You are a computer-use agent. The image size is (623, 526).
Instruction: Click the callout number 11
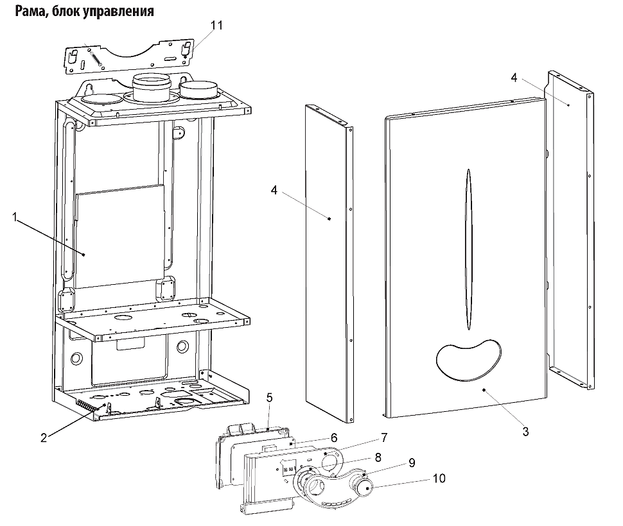[x=216, y=26]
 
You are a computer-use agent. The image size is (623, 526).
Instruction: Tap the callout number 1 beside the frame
[x=15, y=217]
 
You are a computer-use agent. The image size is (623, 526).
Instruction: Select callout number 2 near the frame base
[x=44, y=437]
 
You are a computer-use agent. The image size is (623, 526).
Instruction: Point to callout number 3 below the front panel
[x=525, y=432]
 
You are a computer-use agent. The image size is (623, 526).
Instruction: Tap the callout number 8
[x=378, y=457]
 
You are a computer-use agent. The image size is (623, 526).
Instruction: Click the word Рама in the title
[x=28, y=11]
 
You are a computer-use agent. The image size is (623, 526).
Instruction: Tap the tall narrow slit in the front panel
[x=469, y=250]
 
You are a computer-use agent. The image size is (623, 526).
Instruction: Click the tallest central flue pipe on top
[x=152, y=87]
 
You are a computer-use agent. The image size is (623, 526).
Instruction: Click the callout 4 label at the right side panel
[x=514, y=78]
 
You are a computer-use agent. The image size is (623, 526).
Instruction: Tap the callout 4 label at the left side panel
[x=274, y=191]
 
